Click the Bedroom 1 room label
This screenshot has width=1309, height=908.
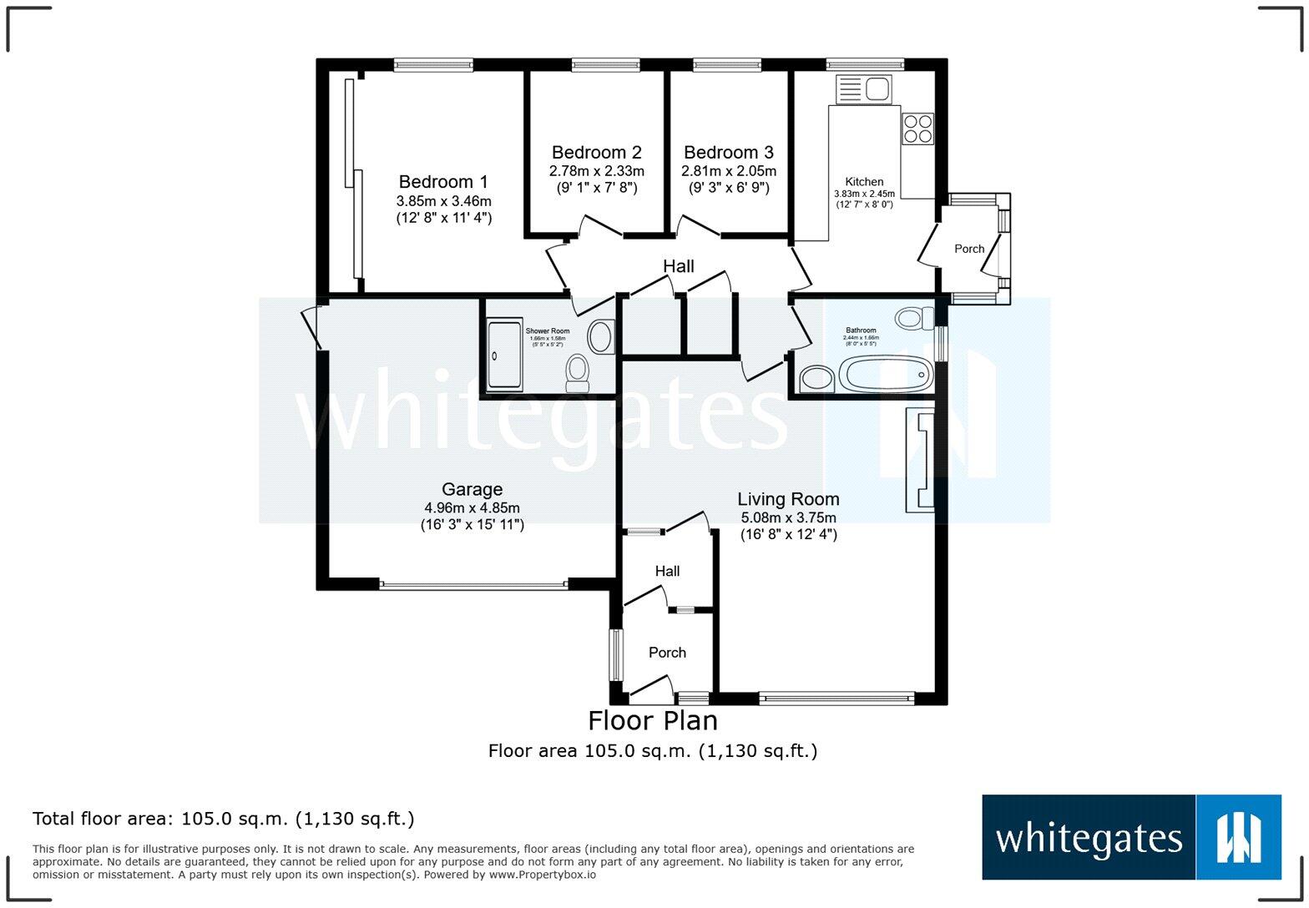pyautogui.click(x=443, y=182)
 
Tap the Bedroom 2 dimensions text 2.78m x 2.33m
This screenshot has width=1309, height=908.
pyautogui.click(x=596, y=171)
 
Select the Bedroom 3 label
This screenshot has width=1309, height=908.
pyautogui.click(x=728, y=153)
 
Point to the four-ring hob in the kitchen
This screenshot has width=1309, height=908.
pyautogui.click(x=917, y=129)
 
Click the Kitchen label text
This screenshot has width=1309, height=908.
pyautogui.click(x=864, y=182)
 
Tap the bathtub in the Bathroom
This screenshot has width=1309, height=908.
pyautogui.click(x=885, y=375)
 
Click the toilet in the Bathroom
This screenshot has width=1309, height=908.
pyautogui.click(x=914, y=318)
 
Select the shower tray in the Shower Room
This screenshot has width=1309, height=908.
pyautogui.click(x=504, y=354)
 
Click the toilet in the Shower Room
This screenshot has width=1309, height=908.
pyautogui.click(x=577, y=372)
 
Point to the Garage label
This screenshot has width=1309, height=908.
pyautogui.click(x=472, y=490)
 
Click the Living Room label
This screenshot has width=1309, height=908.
pyautogui.click(x=788, y=499)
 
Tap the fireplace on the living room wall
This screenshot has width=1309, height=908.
pyautogui.click(x=920, y=460)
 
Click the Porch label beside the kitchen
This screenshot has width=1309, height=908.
pyautogui.click(x=969, y=249)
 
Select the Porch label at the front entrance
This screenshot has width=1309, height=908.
pyautogui.click(x=667, y=653)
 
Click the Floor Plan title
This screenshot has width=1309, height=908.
pyautogui.click(x=652, y=720)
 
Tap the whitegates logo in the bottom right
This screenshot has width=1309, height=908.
pyautogui.click(x=1131, y=837)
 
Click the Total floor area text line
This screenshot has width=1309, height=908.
pyautogui.click(x=223, y=819)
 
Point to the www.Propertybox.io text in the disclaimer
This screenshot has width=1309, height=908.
pyautogui.click(x=542, y=875)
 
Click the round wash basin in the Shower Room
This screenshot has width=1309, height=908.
pyautogui.click(x=600, y=337)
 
